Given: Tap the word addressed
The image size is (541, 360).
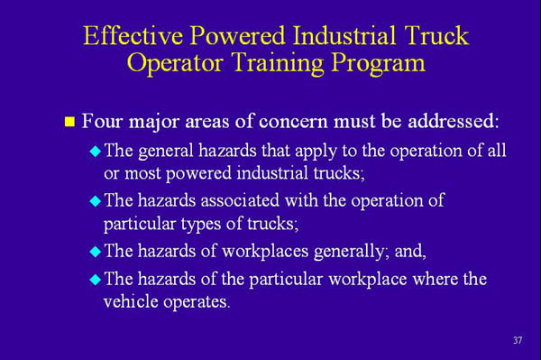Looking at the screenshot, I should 447,120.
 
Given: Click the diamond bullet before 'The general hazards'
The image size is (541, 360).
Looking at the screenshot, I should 96,151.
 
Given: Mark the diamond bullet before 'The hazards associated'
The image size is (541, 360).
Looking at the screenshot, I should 96,200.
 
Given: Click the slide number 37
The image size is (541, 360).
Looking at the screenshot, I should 517,339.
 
